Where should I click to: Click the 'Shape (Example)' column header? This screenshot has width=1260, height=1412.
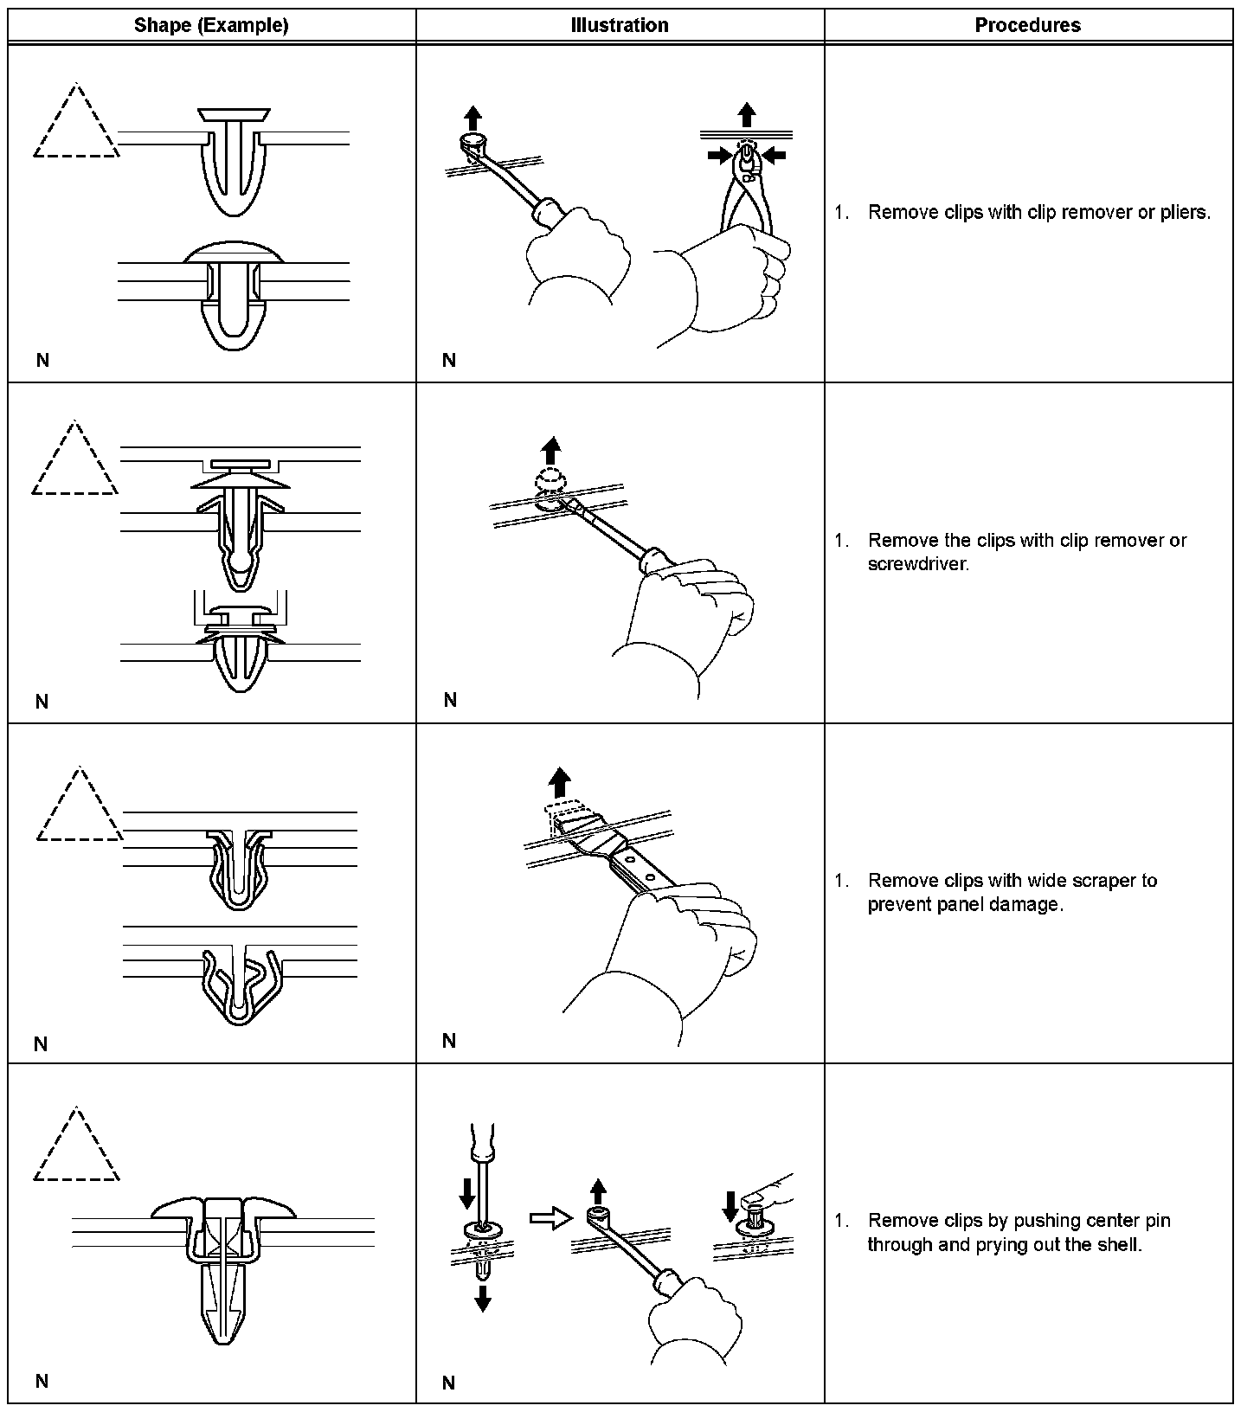pos(211,25)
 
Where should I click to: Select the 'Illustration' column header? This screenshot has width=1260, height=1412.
pos(620,25)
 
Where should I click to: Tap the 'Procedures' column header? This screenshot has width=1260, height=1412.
pos(1027,25)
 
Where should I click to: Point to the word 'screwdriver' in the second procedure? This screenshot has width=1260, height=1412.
pos(916,564)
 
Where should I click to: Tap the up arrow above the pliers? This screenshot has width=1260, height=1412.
pos(747,114)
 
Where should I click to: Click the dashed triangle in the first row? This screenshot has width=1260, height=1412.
pos(76,125)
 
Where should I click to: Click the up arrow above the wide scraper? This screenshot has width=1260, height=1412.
pos(561,781)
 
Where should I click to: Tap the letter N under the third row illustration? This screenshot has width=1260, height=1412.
pos(448,1041)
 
